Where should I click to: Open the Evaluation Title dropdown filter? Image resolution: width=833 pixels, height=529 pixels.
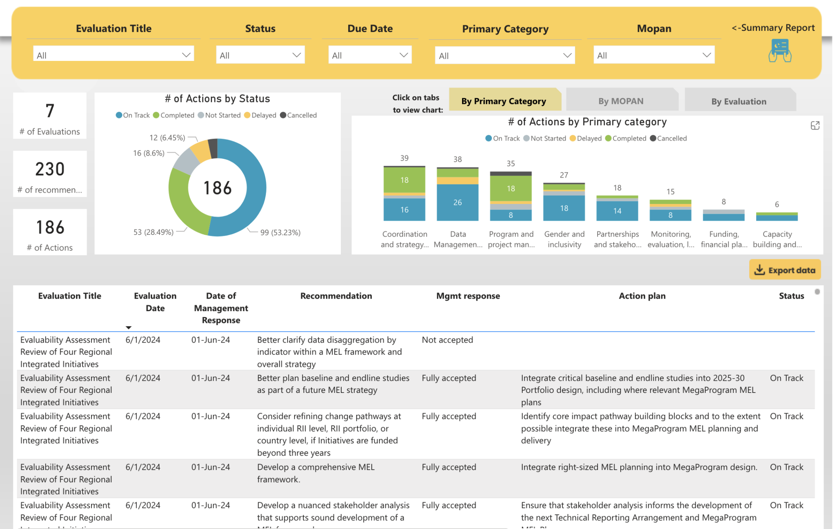pos(113,55)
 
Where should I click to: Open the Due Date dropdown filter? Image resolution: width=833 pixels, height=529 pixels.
pos(369,55)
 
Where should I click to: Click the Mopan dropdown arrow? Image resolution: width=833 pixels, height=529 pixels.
pos(707,55)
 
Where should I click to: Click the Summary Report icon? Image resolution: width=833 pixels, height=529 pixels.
pos(779,50)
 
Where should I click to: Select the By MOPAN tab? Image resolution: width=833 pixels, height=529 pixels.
pos(621,101)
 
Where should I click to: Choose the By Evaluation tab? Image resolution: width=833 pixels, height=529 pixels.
pos(739,102)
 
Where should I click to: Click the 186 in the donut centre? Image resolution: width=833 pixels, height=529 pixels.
pos(218,188)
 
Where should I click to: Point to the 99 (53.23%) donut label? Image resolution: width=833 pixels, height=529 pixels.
pos(280,232)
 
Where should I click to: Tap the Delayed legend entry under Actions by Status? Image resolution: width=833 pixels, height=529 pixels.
pos(260,115)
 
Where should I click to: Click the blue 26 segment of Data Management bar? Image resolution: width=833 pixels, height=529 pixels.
pos(458,202)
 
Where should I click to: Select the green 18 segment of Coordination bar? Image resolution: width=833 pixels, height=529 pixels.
pos(404,180)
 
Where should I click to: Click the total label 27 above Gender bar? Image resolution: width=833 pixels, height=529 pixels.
pos(564,175)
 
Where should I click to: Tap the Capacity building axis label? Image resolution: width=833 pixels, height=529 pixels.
pos(777,239)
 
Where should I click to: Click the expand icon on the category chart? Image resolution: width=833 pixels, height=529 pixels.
pos(815,126)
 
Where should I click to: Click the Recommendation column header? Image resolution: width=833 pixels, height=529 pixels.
pos(336,296)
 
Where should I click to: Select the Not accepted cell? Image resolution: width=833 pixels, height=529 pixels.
pos(447,340)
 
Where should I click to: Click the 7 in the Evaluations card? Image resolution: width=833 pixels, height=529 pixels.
pos(50,111)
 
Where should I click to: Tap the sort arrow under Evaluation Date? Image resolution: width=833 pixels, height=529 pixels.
pos(129,327)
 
